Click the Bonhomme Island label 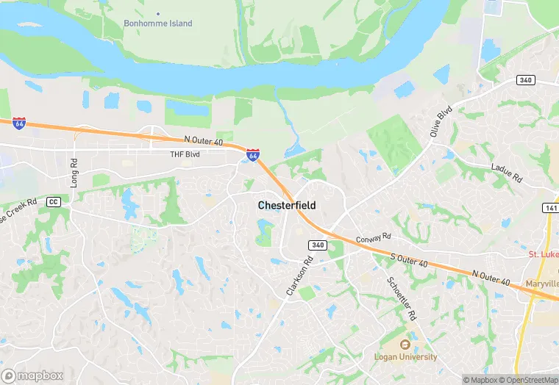tap(157, 24)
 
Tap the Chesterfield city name tap(287, 206)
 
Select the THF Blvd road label tap(185, 154)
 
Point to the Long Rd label tap(74, 172)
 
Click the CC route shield tap(52, 201)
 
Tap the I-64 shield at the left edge tap(19, 123)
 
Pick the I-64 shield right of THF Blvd tap(252, 155)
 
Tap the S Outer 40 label tap(409, 259)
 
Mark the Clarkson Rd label tap(299, 276)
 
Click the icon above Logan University tap(404, 345)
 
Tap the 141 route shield tap(550, 208)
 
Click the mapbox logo tap(32, 375)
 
